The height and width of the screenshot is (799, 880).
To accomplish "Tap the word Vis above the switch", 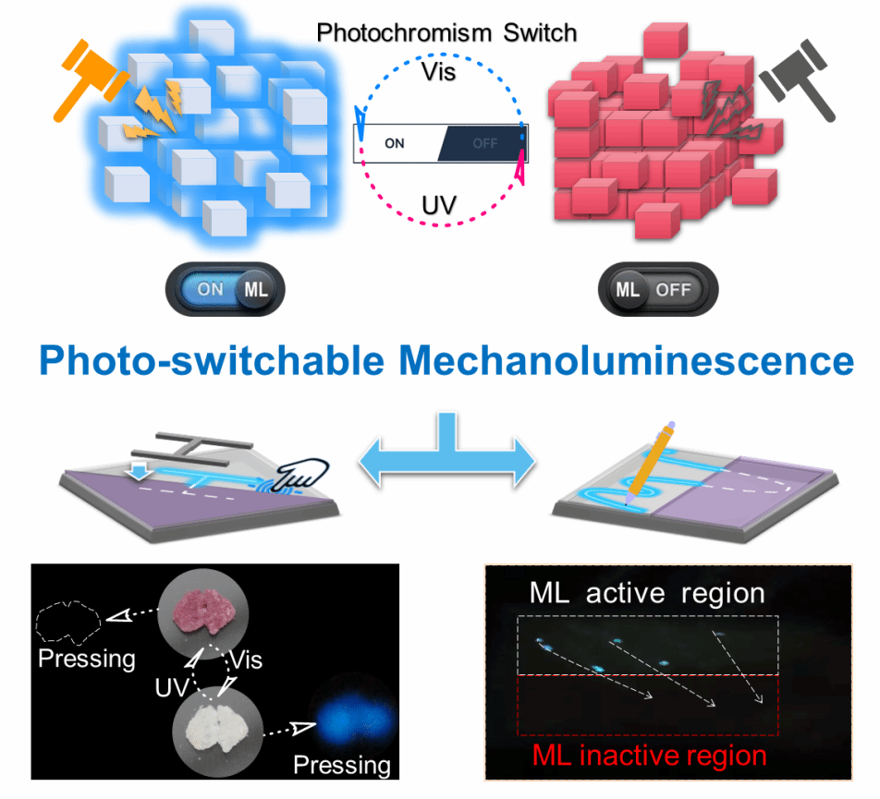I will coord(440,70).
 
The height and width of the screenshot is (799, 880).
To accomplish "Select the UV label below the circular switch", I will coord(439,205).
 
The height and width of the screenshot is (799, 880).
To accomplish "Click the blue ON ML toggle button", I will coord(226,289).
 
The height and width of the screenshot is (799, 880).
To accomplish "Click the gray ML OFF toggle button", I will coord(655,289).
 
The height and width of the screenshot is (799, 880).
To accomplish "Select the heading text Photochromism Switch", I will coord(446,33).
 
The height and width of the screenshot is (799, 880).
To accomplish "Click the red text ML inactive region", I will coord(648,756).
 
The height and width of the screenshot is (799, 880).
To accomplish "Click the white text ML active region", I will coord(647,593).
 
